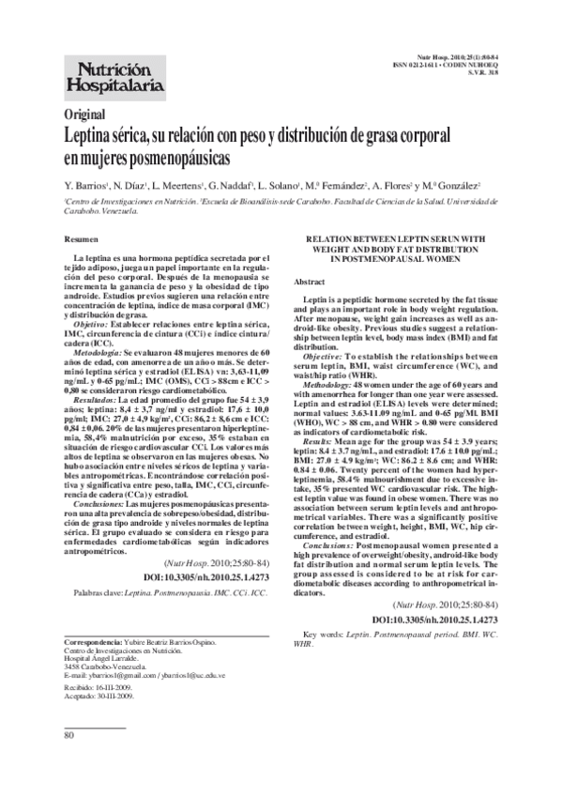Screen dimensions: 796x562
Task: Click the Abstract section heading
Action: pos(310,281)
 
